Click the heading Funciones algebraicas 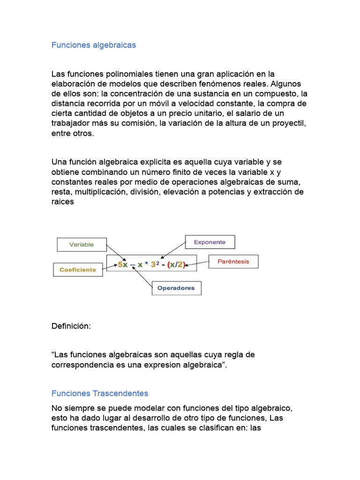coord(93,45)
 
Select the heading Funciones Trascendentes coord(99,393)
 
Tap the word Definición coord(70,326)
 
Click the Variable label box coord(82,244)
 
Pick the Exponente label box coord(210,242)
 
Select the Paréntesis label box coord(233,262)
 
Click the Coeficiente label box coord(77,270)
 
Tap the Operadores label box coord(176,288)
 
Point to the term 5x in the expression coord(122,265)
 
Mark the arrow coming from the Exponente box coord(173,250)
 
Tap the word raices coord(63,202)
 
